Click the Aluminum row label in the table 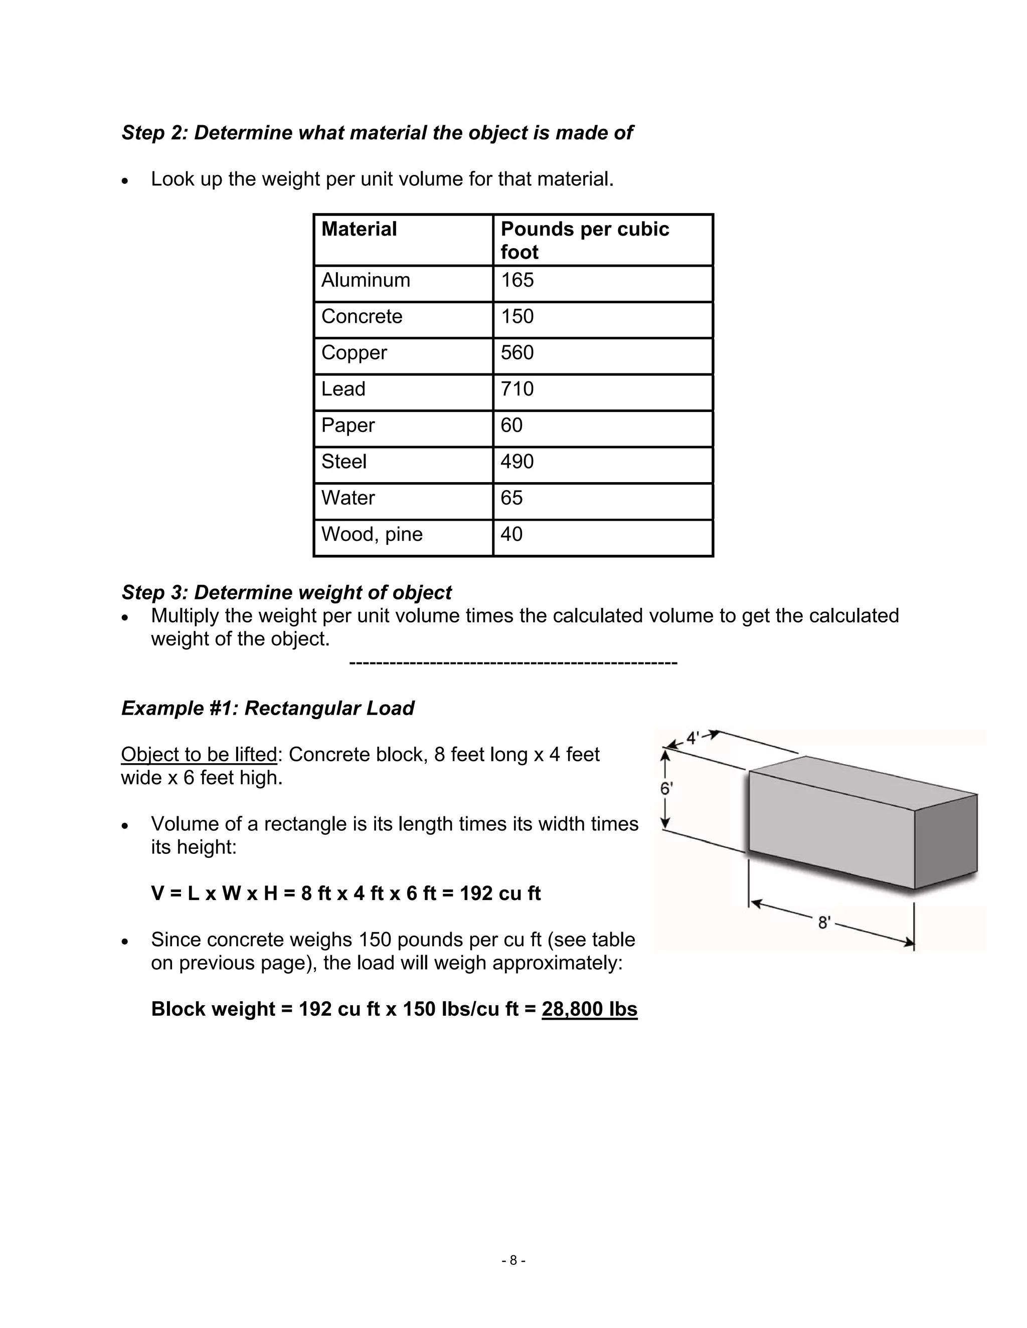tap(366, 280)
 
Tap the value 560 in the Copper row tap(517, 353)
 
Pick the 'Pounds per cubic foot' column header tap(584, 240)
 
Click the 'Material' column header tap(359, 229)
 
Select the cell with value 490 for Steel tap(517, 462)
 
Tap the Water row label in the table tap(348, 498)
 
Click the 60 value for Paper tap(511, 425)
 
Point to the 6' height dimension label tap(666, 789)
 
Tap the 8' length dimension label tap(824, 923)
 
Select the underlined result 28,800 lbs tap(589, 1009)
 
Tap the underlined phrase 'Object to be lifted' tap(199, 755)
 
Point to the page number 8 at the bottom tap(513, 1260)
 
